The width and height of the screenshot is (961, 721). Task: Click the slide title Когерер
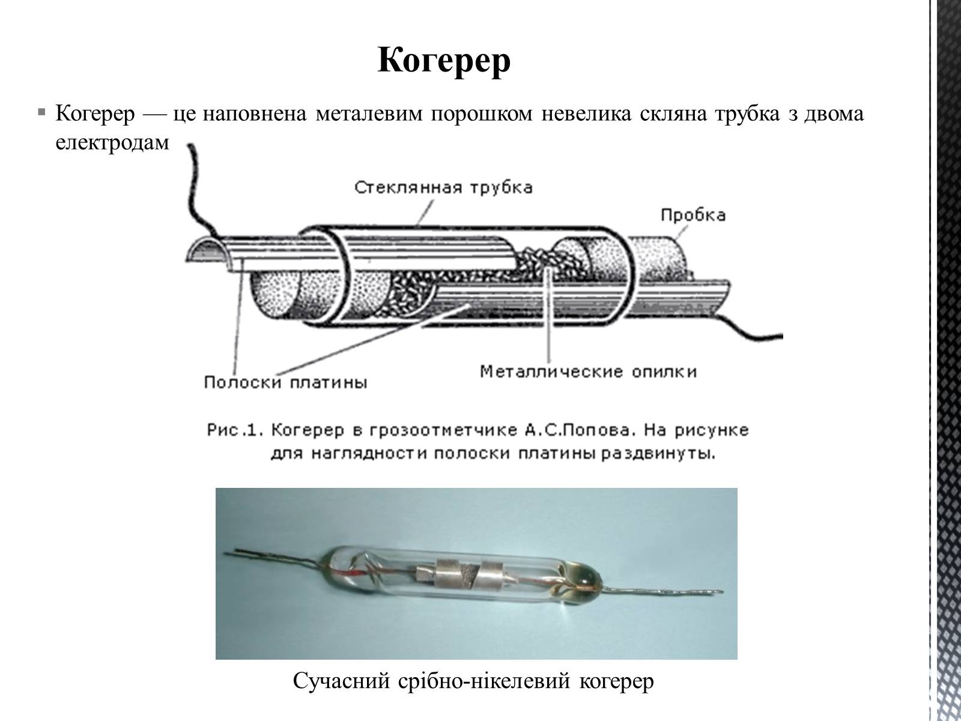(444, 60)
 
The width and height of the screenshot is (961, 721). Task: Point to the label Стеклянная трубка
(443, 187)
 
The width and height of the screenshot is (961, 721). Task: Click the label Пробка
(693, 214)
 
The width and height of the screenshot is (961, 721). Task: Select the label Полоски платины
(285, 382)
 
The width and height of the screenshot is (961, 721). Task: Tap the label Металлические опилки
(588, 371)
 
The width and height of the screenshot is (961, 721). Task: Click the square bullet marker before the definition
(40, 112)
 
